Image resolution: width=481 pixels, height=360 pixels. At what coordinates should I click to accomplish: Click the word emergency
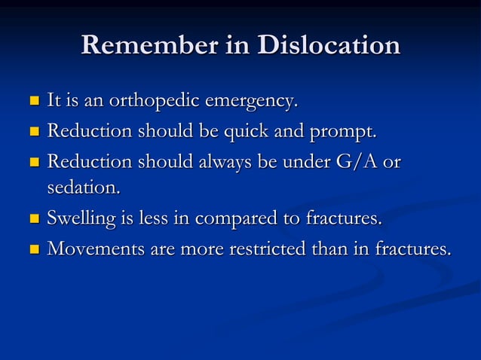(246, 100)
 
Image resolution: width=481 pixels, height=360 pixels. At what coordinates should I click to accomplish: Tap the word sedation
(83, 188)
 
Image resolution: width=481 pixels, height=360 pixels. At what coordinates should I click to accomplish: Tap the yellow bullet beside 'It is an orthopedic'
(32, 100)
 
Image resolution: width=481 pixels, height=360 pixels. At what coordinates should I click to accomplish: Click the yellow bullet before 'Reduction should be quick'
(32, 133)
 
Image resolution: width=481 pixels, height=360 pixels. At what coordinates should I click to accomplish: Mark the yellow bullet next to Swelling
(32, 220)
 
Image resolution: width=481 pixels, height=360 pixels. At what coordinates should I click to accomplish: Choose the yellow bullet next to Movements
(32, 249)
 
